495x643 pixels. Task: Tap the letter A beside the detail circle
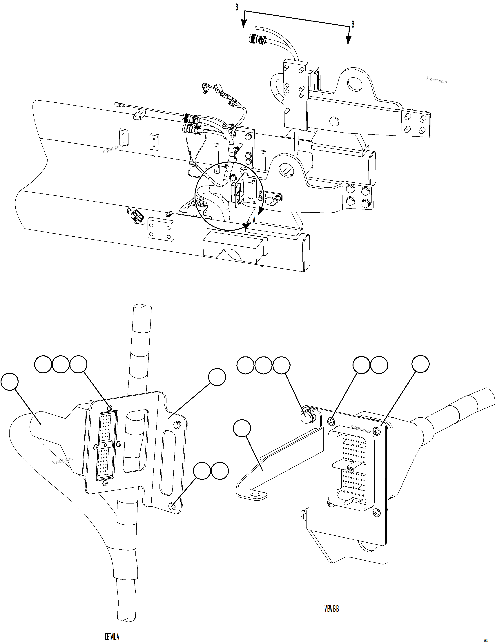254,220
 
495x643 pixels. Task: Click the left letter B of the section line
236,7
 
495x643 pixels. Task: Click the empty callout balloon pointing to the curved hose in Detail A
10,382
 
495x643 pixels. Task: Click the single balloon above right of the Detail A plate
217,377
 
